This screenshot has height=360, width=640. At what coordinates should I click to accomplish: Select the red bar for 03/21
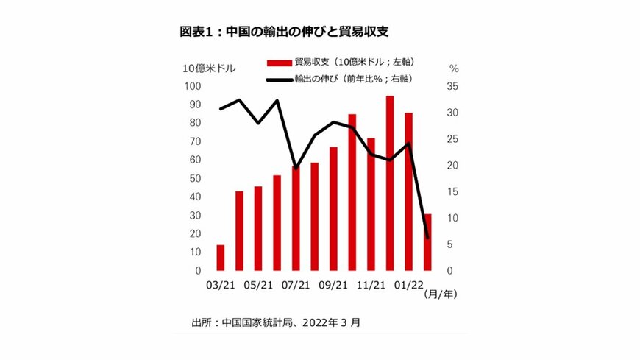[220, 258]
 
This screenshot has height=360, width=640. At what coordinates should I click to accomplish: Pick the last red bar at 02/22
[427, 242]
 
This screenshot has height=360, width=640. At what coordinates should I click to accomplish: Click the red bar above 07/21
[296, 219]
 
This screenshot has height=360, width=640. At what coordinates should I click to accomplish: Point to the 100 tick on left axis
[192, 86]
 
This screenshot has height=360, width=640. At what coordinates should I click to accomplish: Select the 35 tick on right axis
[452, 86]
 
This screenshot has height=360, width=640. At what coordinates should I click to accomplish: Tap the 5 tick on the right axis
[455, 244]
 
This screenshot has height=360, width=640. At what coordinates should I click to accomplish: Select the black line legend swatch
[280, 79]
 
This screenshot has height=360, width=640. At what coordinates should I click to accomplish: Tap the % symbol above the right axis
[454, 68]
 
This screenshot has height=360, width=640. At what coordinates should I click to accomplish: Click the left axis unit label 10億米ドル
[210, 68]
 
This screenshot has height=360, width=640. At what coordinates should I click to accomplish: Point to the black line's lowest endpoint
[427, 237]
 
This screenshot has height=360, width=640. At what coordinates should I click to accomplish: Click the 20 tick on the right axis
[452, 166]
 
